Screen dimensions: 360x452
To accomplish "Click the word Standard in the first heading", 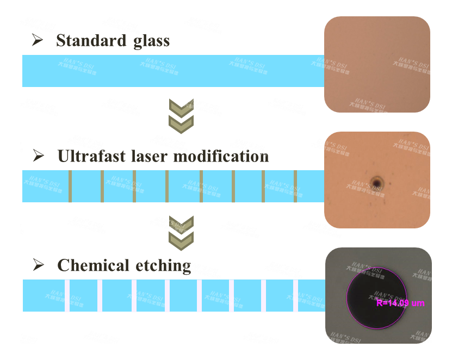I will tap(90, 41).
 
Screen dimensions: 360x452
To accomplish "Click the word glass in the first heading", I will tap(150, 41).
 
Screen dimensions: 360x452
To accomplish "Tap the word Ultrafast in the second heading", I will tap(92, 157).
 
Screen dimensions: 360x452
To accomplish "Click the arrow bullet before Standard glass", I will tap(38, 40).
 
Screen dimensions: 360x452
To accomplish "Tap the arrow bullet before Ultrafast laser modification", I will tap(38, 156).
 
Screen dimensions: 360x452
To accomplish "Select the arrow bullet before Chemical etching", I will tap(38, 265).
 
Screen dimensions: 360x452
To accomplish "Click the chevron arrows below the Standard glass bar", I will tap(181, 116).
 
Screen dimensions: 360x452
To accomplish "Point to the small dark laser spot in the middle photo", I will tap(376, 181).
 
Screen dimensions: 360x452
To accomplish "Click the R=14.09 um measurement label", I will tap(400, 303).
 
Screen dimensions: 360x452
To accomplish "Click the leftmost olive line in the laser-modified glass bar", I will tap(70, 187).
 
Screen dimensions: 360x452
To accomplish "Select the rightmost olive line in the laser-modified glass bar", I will tap(295, 187).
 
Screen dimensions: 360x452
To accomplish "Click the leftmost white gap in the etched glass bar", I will tap(67, 296).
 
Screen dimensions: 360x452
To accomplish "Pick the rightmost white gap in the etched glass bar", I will tap(296, 296).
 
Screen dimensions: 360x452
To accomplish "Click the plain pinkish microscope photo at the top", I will tap(377, 64).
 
